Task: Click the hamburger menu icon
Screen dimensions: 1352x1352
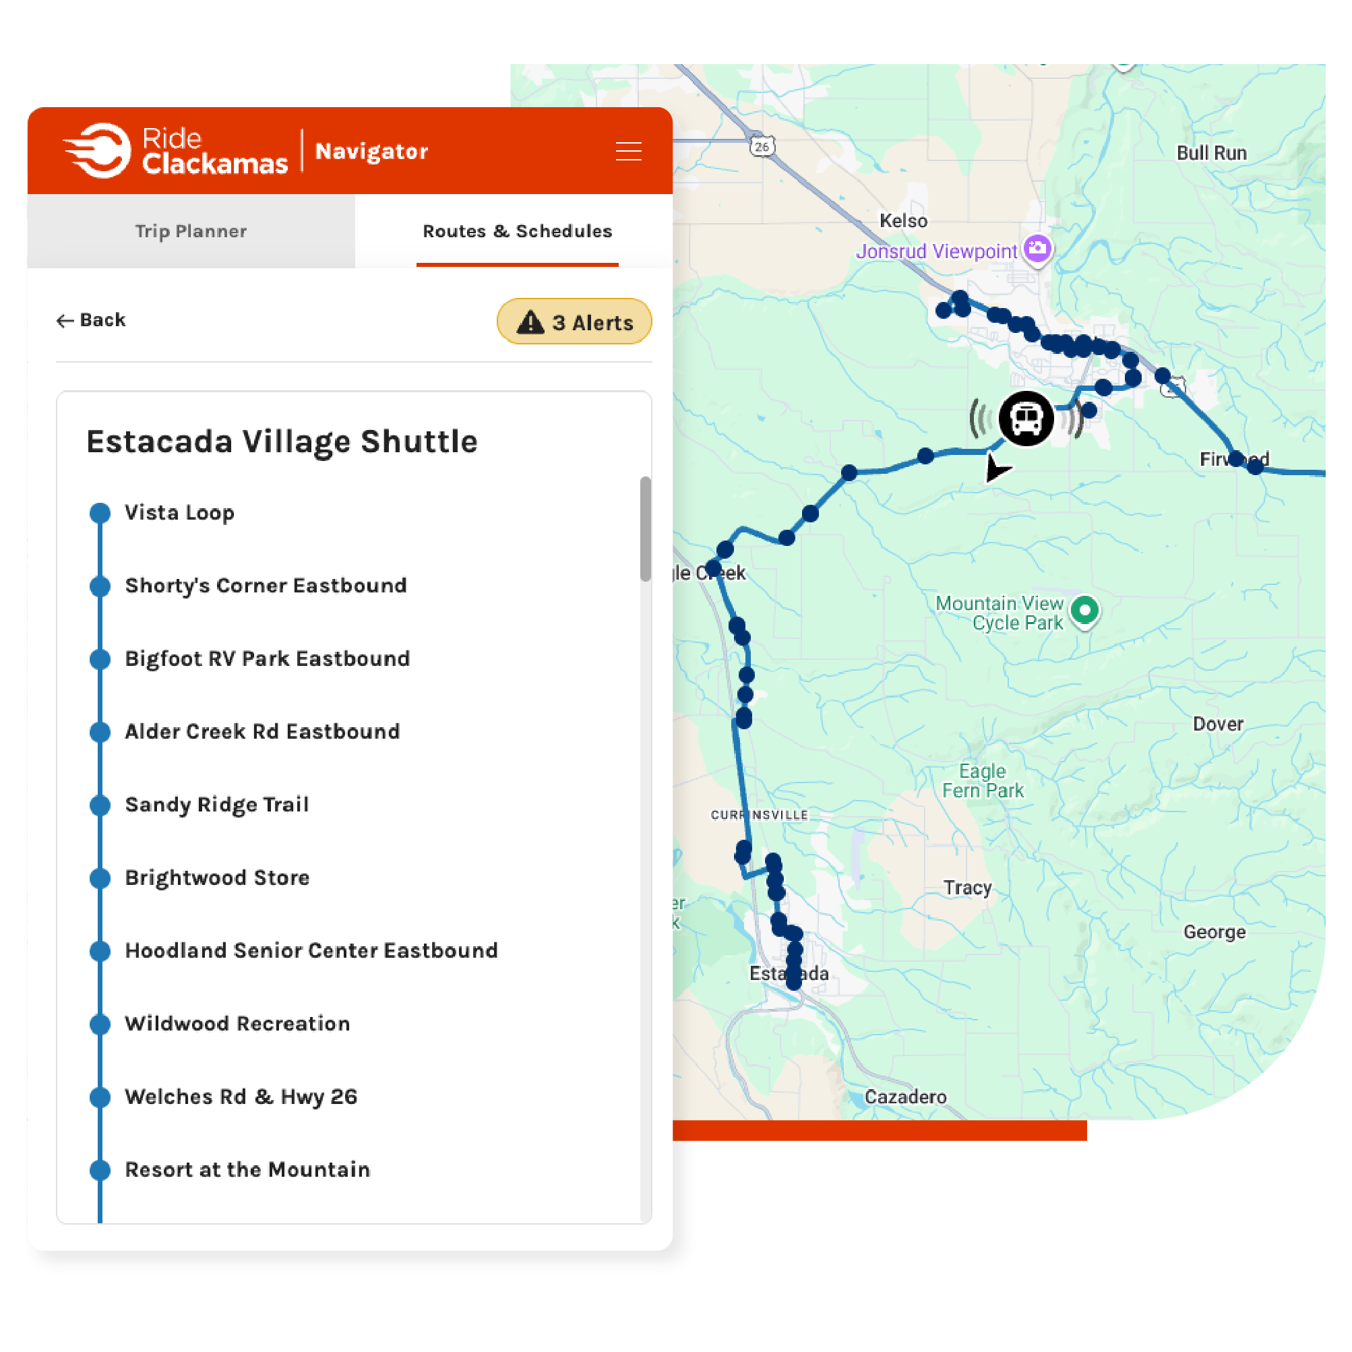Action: [x=627, y=151]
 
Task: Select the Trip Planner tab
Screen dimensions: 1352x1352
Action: [x=190, y=231]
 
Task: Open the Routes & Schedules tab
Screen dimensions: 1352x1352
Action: [x=517, y=231]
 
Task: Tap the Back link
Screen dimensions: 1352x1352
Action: [x=92, y=320]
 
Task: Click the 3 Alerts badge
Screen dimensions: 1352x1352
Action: [x=574, y=322]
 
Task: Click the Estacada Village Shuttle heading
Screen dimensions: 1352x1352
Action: [x=281, y=441]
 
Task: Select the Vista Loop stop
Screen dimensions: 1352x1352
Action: [x=179, y=513]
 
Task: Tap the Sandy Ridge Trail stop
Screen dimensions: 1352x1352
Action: [x=216, y=805]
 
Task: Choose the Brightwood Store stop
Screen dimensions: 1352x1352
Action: [x=217, y=878]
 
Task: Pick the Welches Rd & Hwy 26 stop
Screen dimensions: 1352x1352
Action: [x=241, y=1097]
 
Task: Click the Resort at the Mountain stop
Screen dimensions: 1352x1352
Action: [x=247, y=1169]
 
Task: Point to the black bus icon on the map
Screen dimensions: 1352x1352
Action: [x=1026, y=419]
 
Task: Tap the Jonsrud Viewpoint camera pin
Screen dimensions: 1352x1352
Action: [x=1037, y=249]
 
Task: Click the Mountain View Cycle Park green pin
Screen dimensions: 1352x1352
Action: [x=1084, y=611]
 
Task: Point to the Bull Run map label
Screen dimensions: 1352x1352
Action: [x=1211, y=152]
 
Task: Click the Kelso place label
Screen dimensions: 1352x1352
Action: [x=902, y=220]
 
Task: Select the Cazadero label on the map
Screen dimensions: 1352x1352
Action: [x=905, y=1097]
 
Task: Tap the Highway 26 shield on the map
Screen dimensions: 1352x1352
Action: [x=762, y=146]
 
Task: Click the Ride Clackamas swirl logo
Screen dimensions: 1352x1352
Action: [x=98, y=150]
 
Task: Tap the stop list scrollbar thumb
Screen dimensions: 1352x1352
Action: [x=644, y=528]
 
